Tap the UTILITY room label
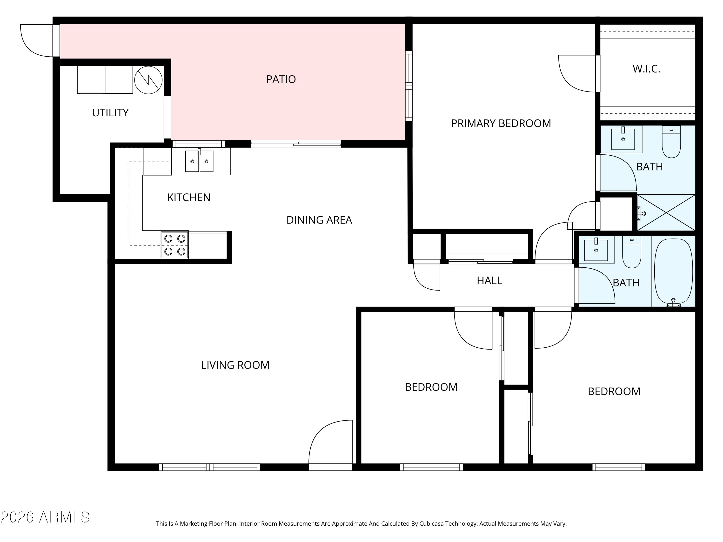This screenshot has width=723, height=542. click(110, 113)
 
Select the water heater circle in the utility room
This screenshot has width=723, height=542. click(148, 80)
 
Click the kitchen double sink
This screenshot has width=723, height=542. click(199, 161)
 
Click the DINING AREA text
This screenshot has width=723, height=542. click(319, 220)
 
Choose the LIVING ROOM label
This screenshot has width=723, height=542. click(235, 365)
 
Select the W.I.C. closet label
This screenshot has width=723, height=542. click(646, 69)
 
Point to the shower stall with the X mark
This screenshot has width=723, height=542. click(666, 213)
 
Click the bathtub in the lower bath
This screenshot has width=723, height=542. click(673, 271)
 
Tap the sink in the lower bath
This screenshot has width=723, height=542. click(596, 250)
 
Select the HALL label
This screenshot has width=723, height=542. click(489, 281)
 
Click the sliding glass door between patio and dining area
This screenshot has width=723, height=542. click(296, 144)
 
